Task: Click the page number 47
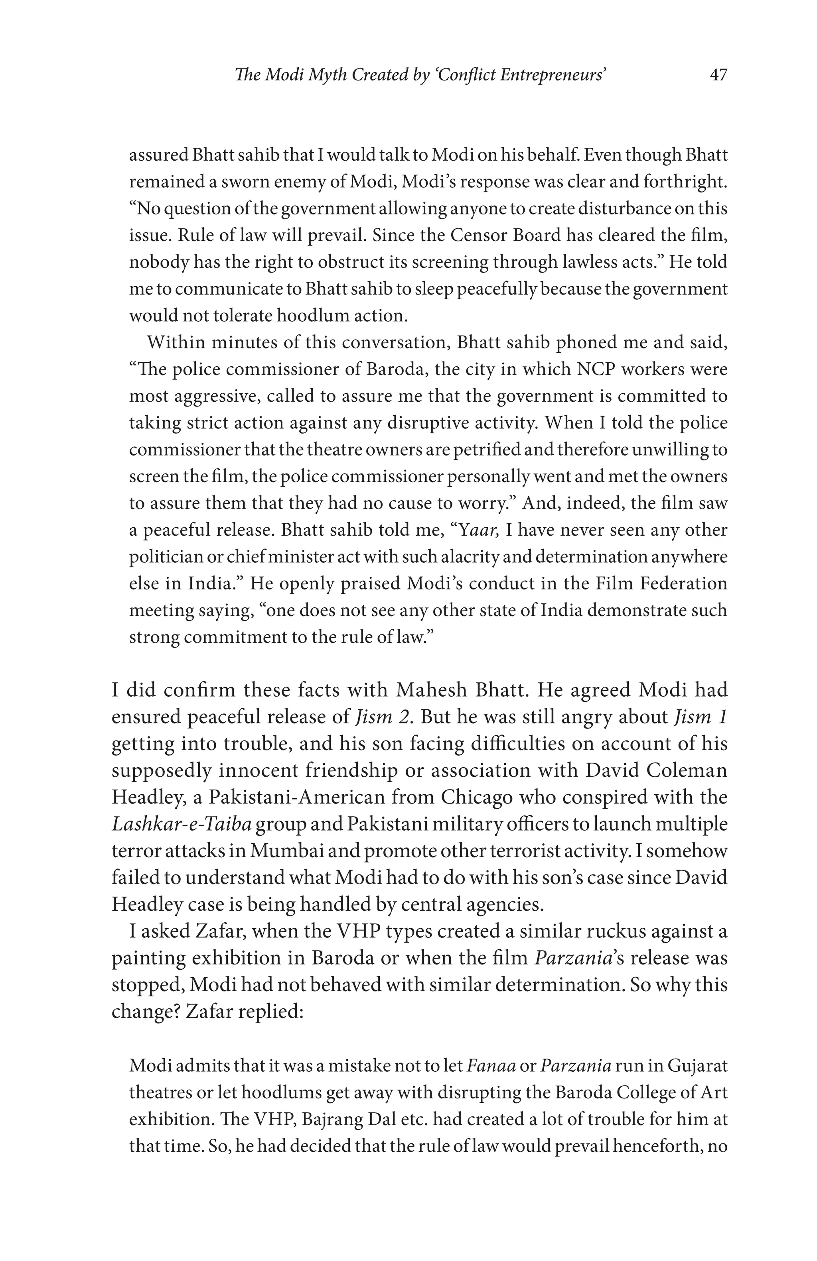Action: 718,75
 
